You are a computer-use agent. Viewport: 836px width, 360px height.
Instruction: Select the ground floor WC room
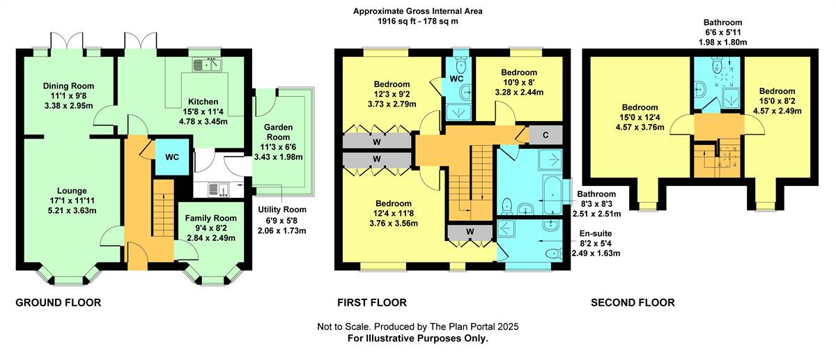click(172, 157)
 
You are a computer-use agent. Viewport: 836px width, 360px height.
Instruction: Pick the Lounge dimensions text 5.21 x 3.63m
click(72, 210)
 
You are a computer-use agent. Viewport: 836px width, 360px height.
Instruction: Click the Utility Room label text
click(281, 210)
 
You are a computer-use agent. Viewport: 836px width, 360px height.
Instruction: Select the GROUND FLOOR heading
click(59, 303)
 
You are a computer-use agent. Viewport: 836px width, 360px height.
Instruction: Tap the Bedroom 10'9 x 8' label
click(519, 72)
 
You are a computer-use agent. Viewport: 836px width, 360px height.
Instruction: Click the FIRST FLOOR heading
click(372, 303)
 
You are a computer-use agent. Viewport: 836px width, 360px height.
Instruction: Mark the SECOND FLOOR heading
click(633, 303)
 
